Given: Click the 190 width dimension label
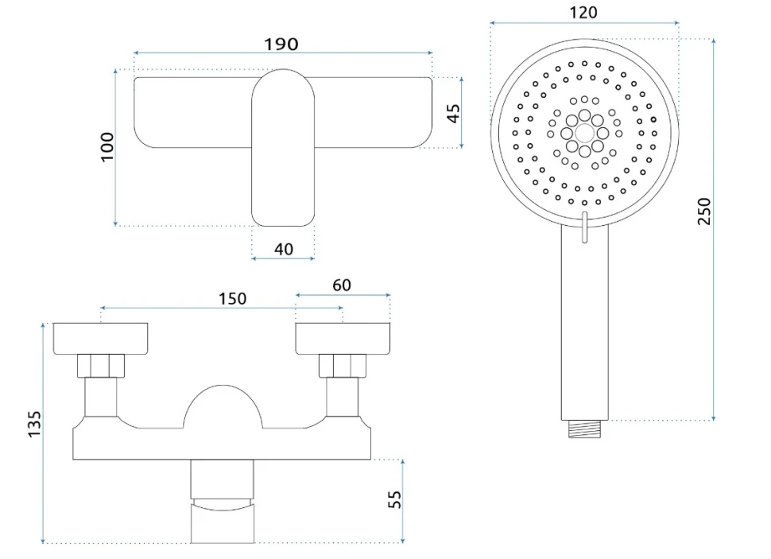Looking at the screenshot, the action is [281, 45].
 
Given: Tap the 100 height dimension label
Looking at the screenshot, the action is [107, 146].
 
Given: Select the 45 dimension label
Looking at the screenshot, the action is [453, 113].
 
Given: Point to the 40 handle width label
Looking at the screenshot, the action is [284, 249].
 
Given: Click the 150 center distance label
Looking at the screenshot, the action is [233, 299].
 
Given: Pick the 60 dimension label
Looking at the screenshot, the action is [342, 285].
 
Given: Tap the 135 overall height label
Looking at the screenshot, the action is [34, 424].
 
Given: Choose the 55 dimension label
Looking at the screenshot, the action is [394, 499].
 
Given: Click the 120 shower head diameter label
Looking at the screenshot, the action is [583, 12].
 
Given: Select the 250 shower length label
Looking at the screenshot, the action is [704, 211].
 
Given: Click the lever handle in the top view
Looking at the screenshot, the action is [283, 148].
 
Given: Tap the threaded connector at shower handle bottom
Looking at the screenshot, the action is [585, 429].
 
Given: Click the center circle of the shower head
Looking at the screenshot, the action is [585, 134].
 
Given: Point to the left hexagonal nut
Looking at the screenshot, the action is [101, 366].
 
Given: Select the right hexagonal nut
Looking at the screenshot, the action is [343, 366].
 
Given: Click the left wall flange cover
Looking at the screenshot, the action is [100, 339].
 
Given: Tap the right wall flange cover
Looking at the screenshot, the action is [343, 339].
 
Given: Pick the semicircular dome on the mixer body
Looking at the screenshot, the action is [223, 406].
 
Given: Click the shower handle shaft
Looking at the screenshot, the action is [585, 322].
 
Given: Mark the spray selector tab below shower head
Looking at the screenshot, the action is [584, 227].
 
